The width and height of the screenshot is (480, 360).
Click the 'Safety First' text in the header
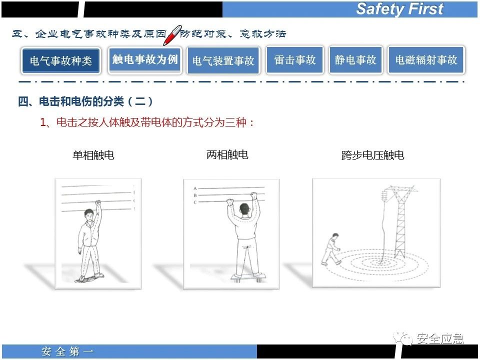click(x=400, y=8)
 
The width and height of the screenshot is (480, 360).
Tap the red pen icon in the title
click(x=172, y=35)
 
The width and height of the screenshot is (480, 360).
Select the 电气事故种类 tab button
click(x=60, y=60)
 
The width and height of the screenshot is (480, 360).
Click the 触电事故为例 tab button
click(x=145, y=59)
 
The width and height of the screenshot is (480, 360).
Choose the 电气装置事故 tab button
click(x=223, y=60)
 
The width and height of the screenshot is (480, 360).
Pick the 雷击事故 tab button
click(x=295, y=59)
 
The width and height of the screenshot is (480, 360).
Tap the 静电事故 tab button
click(x=355, y=59)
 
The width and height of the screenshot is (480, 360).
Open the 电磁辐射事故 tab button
click(x=426, y=59)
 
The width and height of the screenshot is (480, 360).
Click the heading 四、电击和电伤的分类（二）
click(x=85, y=101)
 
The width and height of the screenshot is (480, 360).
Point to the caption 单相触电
click(x=93, y=155)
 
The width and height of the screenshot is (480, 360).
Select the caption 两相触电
click(x=227, y=154)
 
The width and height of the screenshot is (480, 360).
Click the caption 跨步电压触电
click(x=372, y=155)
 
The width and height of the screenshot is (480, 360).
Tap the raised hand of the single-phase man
click(x=98, y=203)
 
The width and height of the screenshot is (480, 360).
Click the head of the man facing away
click(x=244, y=209)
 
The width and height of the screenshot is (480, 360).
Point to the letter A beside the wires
click(x=195, y=188)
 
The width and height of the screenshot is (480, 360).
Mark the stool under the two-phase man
click(x=248, y=277)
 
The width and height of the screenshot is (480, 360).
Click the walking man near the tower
click(x=330, y=249)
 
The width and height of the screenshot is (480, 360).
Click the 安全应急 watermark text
click(x=440, y=338)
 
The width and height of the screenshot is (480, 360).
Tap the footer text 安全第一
click(x=67, y=351)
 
